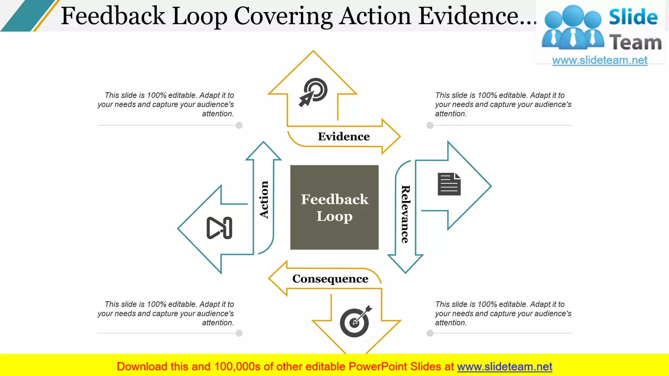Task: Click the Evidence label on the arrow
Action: coord(344,136)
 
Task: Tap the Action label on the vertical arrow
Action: coord(264,199)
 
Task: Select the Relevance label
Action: coord(405,214)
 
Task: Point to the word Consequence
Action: coord(330,279)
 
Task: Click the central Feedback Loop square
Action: coord(334,207)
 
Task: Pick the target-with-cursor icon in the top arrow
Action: coord(313,92)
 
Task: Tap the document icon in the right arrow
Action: coord(449,184)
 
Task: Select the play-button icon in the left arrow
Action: coord(219,228)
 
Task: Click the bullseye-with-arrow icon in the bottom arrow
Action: coord(355,321)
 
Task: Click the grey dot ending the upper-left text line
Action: coord(239,125)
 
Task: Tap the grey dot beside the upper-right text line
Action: coord(430,125)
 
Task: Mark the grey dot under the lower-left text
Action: coord(239,333)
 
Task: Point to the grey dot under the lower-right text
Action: coord(430,333)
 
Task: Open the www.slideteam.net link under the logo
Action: coord(599,60)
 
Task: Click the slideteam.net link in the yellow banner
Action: coord(504,367)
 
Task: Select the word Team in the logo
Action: coord(635,43)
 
